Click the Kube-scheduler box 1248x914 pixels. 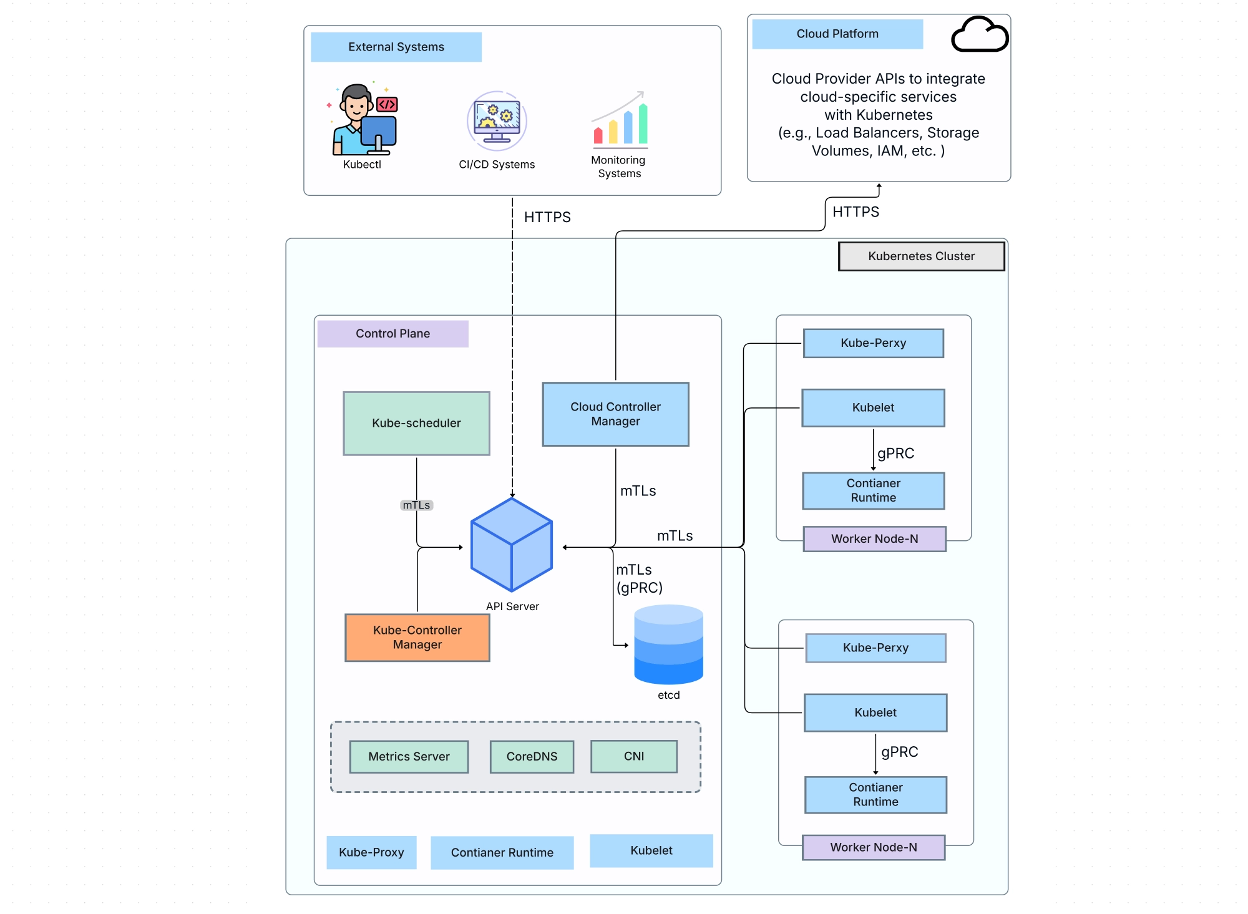tap(416, 423)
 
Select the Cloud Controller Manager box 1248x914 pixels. tap(615, 414)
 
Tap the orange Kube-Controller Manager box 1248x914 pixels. tap(417, 637)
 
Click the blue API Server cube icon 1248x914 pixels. tap(512, 545)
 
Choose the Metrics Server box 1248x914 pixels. tap(409, 756)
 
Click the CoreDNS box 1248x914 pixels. tap(532, 756)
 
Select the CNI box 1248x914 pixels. tap(633, 756)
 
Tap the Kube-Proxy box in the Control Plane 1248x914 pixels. tap(371, 852)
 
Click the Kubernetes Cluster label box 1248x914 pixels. tap(921, 256)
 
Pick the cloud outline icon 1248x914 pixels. tap(979, 34)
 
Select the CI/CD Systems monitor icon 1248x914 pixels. tap(497, 120)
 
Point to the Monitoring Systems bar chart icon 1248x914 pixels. tap(620, 120)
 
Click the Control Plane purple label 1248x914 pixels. tap(392, 333)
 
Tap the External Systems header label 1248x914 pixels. tap(396, 47)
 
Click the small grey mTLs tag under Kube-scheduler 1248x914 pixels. tap(416, 505)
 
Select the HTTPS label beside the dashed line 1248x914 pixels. tap(547, 217)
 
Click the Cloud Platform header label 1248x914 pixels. tap(837, 34)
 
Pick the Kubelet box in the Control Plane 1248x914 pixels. tap(651, 850)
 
